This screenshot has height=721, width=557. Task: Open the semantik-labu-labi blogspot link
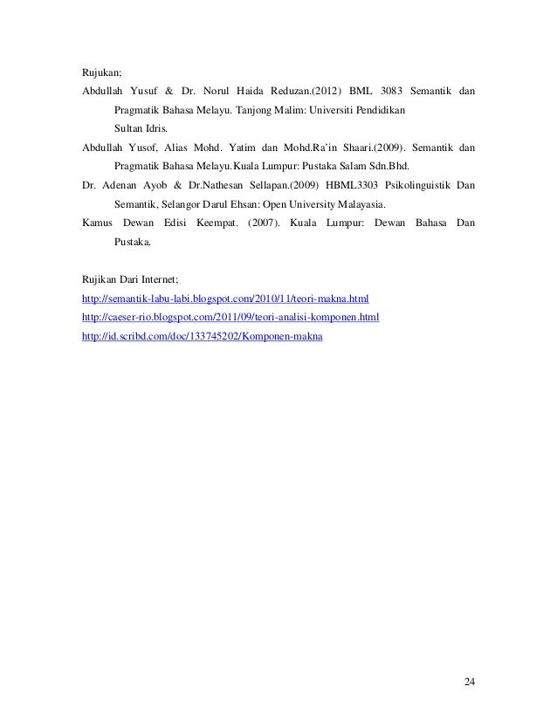click(x=225, y=299)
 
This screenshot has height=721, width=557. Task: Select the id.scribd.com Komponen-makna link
click(x=202, y=336)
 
